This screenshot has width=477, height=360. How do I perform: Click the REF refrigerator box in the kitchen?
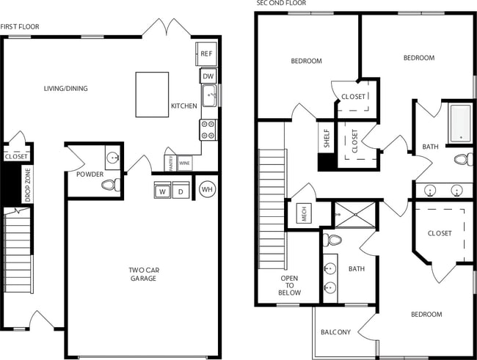[x=206, y=54]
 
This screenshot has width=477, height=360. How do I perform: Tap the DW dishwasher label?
[x=207, y=76]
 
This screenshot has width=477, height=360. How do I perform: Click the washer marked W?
[x=161, y=191]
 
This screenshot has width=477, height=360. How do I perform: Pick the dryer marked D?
[x=180, y=191]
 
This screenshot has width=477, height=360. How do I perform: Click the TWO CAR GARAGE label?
[x=143, y=274]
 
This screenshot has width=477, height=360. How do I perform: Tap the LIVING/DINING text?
[x=65, y=89]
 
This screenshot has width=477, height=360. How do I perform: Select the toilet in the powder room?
[x=110, y=185]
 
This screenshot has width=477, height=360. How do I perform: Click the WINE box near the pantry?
[x=184, y=164]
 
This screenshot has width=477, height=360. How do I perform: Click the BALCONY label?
[x=336, y=332]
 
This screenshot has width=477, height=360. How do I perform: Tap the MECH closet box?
[x=302, y=214]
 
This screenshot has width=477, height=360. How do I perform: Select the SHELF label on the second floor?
[x=327, y=139]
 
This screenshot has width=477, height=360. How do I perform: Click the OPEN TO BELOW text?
[x=290, y=285]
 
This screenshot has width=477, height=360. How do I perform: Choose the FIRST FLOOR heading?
[x=20, y=27]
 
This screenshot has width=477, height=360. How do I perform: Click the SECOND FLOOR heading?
[x=281, y=4]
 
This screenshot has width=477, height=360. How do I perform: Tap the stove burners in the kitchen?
[x=207, y=130]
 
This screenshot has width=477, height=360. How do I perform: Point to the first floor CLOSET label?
[x=16, y=156]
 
